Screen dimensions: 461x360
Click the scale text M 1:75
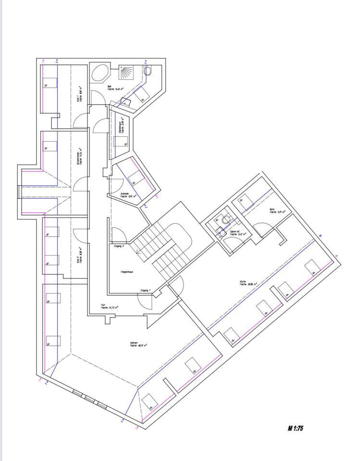(x=295, y=428)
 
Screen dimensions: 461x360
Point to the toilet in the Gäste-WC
(x=226, y=220)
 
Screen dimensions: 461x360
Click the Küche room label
(x=248, y=284)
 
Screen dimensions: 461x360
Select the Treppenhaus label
(x=126, y=272)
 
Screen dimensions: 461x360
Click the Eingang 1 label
(x=145, y=291)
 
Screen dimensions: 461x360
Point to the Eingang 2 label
(x=119, y=246)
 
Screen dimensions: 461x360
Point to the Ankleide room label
(x=128, y=195)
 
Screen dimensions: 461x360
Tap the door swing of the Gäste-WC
(x=232, y=243)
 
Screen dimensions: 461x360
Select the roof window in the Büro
(x=246, y=201)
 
